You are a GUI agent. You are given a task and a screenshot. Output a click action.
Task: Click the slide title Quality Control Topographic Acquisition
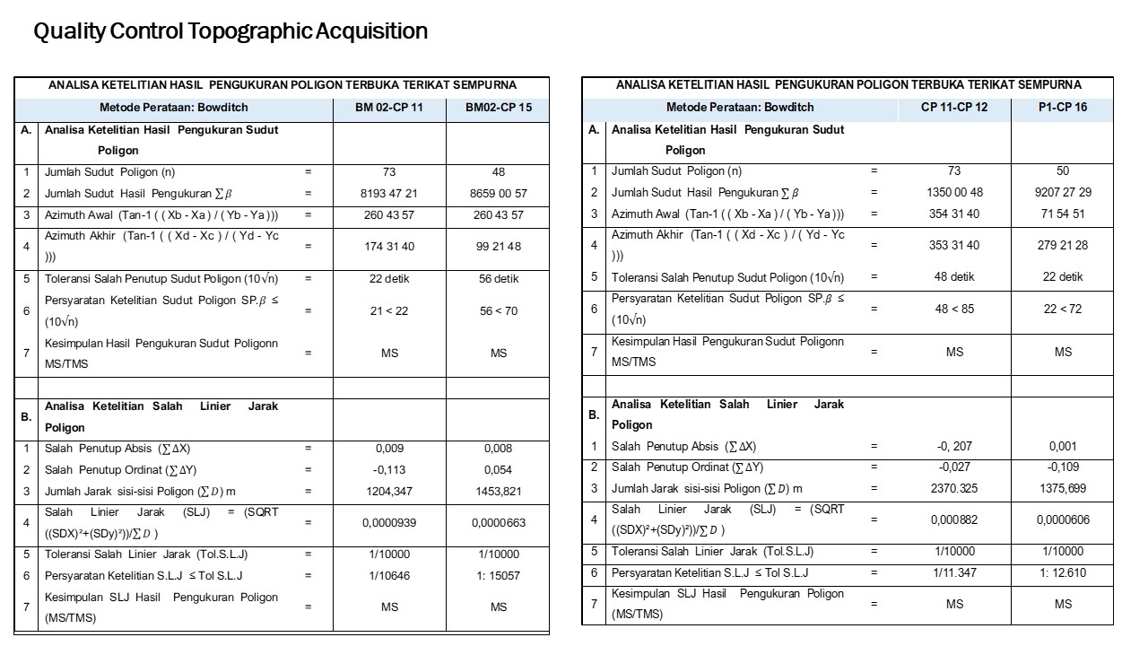point(230,31)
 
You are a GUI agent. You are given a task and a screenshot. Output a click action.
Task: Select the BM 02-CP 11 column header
point(389,108)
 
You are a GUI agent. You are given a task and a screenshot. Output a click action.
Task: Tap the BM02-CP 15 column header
point(499,108)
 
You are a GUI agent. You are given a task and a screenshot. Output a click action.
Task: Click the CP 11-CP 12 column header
point(954,107)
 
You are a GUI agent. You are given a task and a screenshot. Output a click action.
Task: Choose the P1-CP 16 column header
point(1063,107)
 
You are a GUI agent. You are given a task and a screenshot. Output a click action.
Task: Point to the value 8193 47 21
point(389,193)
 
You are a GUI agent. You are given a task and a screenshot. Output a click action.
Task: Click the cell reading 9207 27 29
point(1063,192)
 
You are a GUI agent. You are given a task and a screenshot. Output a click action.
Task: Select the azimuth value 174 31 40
point(389,246)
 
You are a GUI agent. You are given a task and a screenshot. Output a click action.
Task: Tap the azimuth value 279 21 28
point(1063,245)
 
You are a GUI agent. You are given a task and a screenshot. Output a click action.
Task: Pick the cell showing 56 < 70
point(499,311)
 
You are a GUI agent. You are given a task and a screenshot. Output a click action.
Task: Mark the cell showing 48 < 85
point(954,309)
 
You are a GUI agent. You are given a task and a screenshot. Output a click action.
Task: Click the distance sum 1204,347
point(389,492)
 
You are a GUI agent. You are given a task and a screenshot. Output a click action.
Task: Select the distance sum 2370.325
point(954,489)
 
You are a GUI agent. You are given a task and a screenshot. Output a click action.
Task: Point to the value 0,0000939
point(389,522)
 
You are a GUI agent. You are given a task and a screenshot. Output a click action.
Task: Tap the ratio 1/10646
point(389,576)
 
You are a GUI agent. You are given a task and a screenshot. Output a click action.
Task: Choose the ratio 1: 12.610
point(1063,573)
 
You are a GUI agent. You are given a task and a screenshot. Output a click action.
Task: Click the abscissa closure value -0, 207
point(954,446)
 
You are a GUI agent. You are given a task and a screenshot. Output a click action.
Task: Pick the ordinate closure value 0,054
point(499,470)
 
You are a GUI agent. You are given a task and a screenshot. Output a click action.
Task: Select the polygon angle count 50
point(1063,170)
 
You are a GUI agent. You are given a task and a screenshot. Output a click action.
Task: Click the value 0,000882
point(954,519)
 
